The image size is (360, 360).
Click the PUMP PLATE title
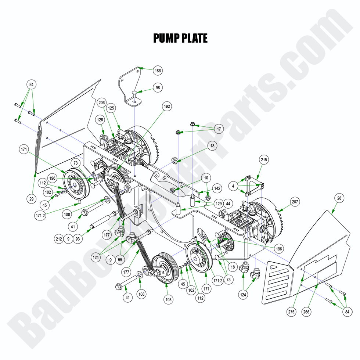point(180,38)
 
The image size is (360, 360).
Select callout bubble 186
point(158,70)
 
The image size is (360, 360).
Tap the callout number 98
point(158,88)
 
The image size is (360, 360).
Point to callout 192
point(167,107)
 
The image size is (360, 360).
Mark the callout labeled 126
point(100,119)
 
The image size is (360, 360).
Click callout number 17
point(219,129)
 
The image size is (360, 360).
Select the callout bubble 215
point(264,160)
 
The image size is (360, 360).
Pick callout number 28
point(339,198)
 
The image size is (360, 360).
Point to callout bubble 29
point(32,199)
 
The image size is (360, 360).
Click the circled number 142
point(217,188)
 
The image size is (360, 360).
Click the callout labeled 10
point(206,178)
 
